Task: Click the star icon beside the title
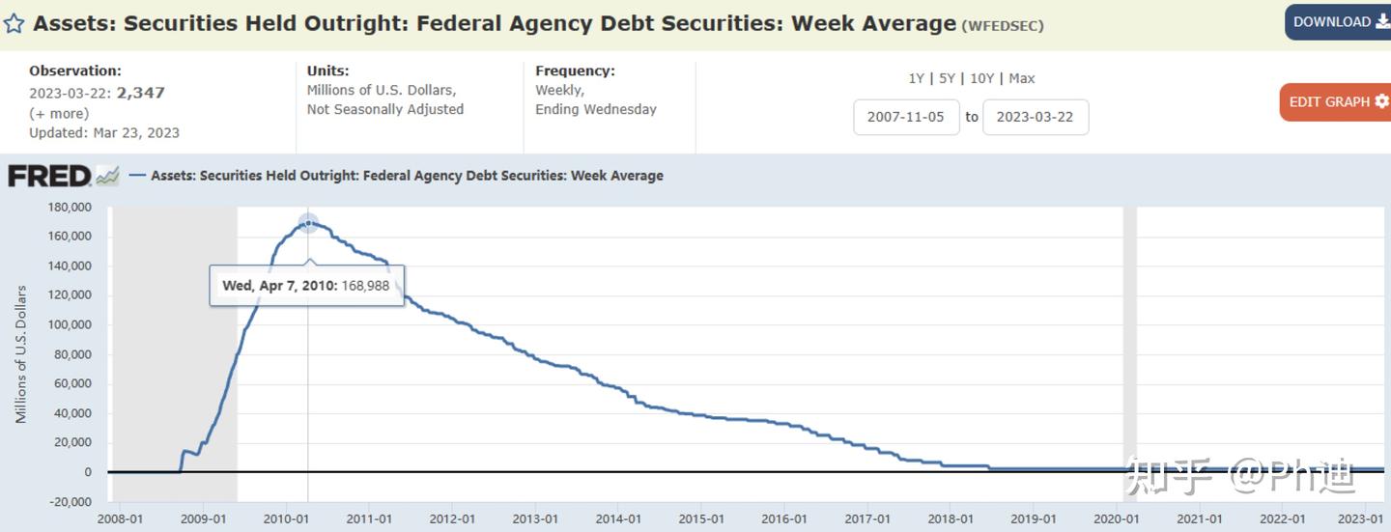tap(14, 23)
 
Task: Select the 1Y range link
tap(916, 78)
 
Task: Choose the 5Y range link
tap(947, 78)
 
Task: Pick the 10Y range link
tap(981, 78)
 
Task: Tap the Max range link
tap(1022, 78)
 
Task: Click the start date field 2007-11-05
tap(906, 117)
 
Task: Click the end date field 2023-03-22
tap(1035, 117)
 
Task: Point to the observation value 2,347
tap(141, 93)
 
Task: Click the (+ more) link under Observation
tap(59, 113)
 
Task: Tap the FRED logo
tap(50, 176)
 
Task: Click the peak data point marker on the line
tap(308, 224)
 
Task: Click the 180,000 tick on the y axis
tap(70, 207)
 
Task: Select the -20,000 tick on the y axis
tap(70, 501)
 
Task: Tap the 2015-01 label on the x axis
tap(701, 519)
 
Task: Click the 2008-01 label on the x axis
tap(121, 519)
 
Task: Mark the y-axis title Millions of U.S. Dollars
tap(21, 353)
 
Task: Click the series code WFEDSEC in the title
tap(1003, 26)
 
